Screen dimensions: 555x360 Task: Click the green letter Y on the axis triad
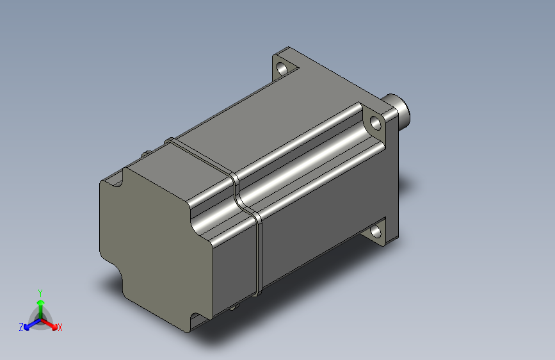point(40,293)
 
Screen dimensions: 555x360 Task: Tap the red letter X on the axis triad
point(60,327)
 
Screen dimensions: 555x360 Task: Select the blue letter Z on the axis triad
point(21,327)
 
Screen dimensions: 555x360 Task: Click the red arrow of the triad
point(49,324)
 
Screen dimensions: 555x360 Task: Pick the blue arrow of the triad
point(32,324)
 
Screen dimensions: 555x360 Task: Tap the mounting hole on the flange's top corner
point(282,69)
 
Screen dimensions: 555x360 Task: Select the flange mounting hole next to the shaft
point(375,123)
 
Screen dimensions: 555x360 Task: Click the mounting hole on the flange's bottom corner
point(376,232)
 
